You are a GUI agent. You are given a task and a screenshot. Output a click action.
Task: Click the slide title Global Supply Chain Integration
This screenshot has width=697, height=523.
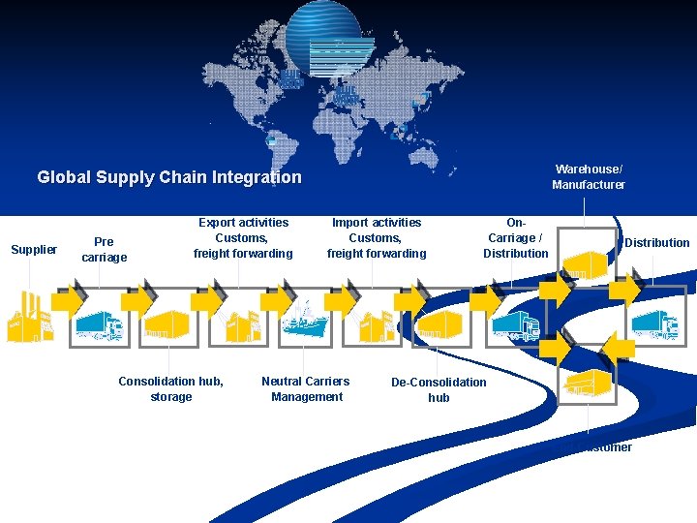(169, 177)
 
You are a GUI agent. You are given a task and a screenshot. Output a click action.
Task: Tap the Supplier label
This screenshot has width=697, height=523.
(34, 250)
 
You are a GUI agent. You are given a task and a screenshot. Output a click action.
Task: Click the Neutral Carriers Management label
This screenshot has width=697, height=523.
(306, 388)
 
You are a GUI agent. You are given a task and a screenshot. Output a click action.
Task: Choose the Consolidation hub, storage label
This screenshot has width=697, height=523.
(170, 388)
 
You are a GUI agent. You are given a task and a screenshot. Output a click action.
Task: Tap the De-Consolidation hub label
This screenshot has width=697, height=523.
(439, 389)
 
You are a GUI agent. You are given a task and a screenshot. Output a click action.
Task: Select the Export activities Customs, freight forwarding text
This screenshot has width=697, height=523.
(243, 238)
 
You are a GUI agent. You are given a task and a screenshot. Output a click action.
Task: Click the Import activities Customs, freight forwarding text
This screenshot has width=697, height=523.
(377, 238)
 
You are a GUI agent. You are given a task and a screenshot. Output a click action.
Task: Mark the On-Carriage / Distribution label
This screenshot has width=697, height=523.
(516, 238)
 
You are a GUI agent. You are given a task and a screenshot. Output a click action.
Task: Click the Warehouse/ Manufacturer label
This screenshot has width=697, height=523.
(589, 177)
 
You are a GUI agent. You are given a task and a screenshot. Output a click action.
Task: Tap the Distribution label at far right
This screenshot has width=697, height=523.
(657, 243)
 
